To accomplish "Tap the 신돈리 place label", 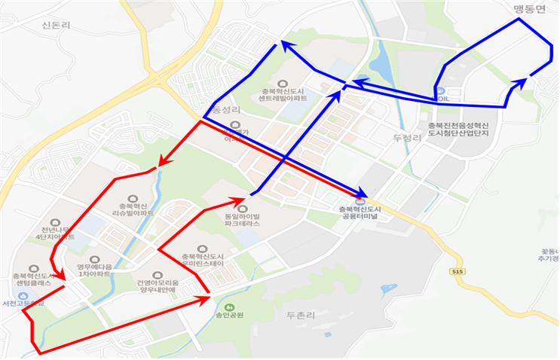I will [x=56, y=24].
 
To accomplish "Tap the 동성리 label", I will [x=223, y=110].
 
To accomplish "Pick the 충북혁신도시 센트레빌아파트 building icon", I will [x=283, y=84].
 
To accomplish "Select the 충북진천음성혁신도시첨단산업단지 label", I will [x=458, y=129].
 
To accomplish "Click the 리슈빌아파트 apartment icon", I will [x=133, y=197].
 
